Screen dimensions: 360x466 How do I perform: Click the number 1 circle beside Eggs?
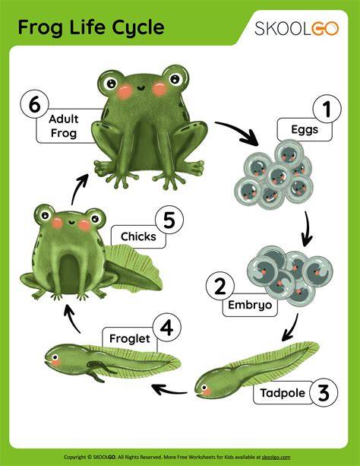coord(327,109)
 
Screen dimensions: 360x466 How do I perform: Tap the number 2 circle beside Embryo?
coord(220,286)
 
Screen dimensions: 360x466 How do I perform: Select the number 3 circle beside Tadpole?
coord(324,392)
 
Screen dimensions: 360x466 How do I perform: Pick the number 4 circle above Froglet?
coord(167,328)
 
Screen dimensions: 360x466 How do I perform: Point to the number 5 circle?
coord(169,220)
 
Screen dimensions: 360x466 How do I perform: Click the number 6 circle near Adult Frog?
coord(34,104)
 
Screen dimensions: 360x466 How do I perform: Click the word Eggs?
coord(305,129)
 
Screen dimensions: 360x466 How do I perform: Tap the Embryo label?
coord(250,305)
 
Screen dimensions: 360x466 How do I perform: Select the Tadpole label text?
coord(283,393)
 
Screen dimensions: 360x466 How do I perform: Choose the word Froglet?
coord(130,338)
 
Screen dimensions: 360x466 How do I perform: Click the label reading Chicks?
coord(138,236)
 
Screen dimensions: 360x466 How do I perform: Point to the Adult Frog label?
coord(64,126)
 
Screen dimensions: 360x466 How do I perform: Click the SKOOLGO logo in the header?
coord(296,29)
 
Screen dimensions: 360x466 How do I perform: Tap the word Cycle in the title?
coord(137,27)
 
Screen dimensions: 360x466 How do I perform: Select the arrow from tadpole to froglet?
coord(169,390)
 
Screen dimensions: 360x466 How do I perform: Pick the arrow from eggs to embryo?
coord(307,229)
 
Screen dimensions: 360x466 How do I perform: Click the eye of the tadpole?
coord(204,387)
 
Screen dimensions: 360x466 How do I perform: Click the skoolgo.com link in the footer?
coord(276,457)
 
